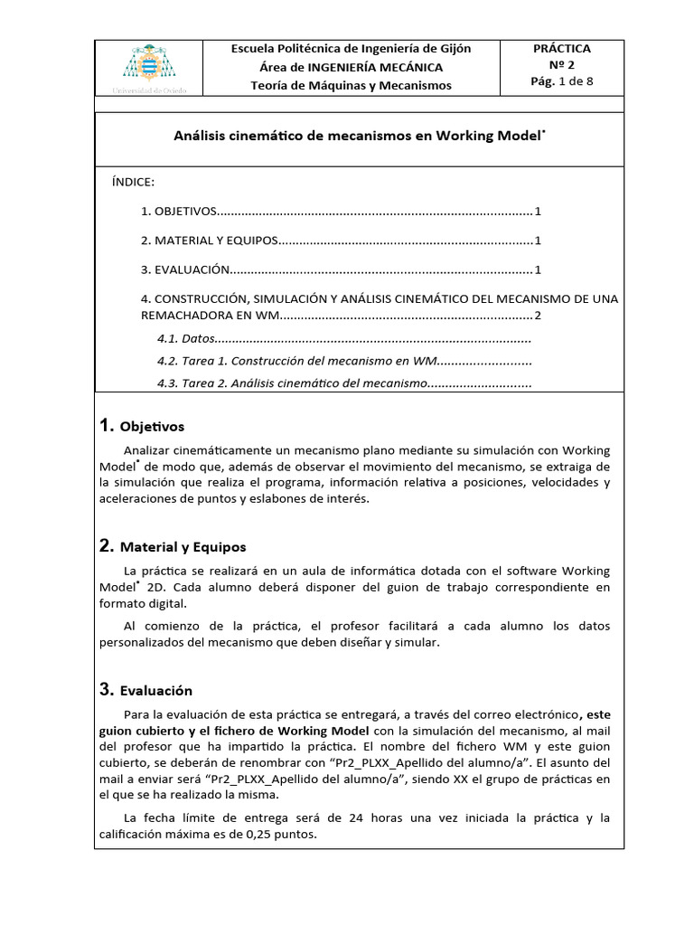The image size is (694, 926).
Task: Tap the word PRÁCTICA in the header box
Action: (x=562, y=49)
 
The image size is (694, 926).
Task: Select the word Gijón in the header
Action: (x=453, y=49)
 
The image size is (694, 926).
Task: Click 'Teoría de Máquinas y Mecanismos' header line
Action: (x=352, y=86)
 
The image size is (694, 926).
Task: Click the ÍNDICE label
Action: (x=133, y=182)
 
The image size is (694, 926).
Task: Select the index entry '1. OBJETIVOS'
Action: (x=179, y=211)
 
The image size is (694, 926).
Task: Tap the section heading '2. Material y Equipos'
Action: (x=173, y=546)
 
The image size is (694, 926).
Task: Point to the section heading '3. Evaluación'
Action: (x=146, y=690)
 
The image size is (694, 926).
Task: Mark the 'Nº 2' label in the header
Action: (x=562, y=65)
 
